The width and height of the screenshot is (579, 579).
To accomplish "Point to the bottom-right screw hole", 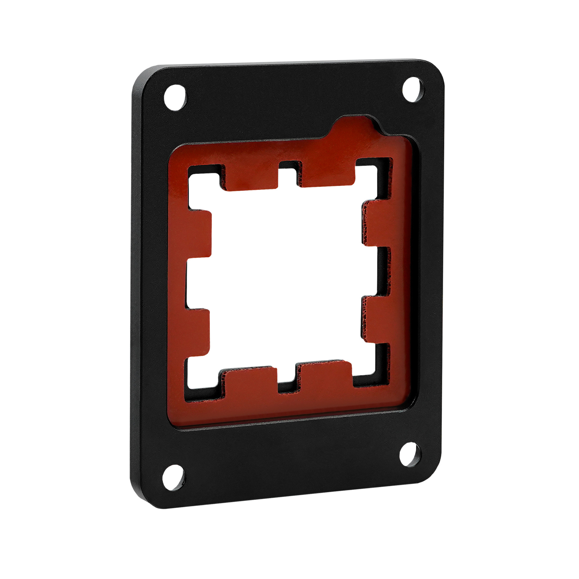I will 410,455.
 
